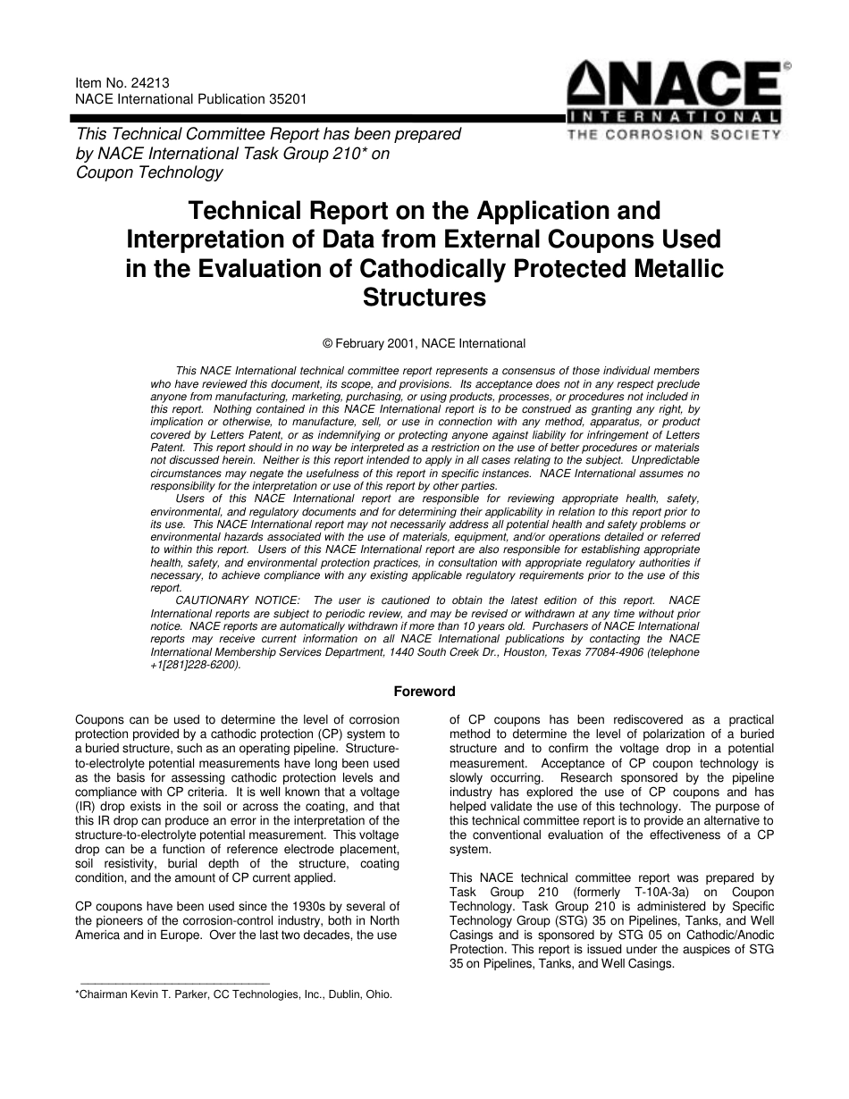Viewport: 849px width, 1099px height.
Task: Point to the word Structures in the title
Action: [x=424, y=298]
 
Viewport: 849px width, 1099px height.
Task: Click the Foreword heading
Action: [x=424, y=692]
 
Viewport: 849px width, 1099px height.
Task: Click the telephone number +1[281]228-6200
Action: [x=195, y=665]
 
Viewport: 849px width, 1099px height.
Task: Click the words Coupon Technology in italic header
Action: [x=149, y=172]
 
